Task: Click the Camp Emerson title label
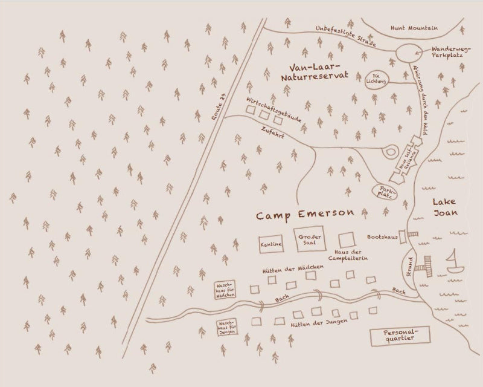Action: pos(305,215)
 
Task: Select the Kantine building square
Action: pos(271,244)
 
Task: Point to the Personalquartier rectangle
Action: pos(399,337)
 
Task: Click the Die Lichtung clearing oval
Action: pos(377,79)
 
